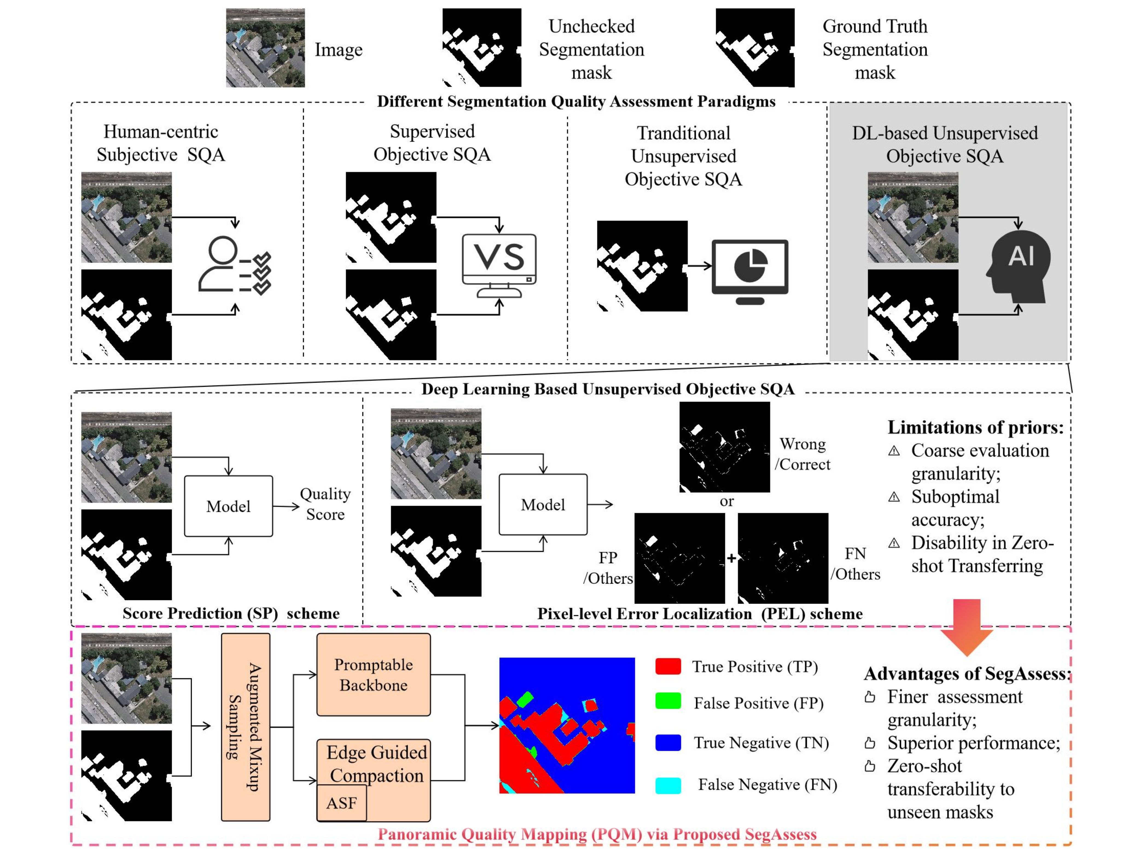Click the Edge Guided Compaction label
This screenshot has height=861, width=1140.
[x=376, y=764]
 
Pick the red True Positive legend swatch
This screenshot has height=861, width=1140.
[x=668, y=666]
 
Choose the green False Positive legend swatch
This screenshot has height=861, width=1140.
[x=668, y=702]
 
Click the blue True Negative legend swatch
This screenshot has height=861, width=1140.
[x=668, y=743]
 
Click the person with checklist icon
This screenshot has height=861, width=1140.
[x=234, y=265]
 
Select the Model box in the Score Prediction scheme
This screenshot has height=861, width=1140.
[x=228, y=506]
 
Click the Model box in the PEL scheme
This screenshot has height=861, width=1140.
[x=543, y=504]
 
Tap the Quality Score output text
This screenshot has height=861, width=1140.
[x=325, y=504]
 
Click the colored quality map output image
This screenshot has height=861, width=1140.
[x=567, y=726]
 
